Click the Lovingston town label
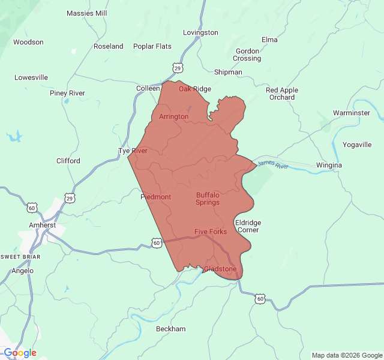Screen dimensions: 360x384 [x=200, y=32]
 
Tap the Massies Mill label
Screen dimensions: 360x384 [x=87, y=13]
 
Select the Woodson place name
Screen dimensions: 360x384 [x=28, y=42]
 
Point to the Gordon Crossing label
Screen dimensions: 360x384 [x=247, y=55]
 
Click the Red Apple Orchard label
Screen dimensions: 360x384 [x=282, y=94]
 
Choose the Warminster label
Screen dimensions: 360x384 [x=352, y=113]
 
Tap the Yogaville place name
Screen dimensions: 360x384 [x=357, y=145]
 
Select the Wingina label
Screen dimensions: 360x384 [x=329, y=165]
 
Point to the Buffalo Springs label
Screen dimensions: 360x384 [x=208, y=199]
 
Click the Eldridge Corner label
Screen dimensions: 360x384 [x=248, y=226]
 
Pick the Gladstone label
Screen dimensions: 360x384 [x=220, y=269]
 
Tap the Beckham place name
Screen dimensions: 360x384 [x=170, y=329]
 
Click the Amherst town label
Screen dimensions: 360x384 [x=42, y=225]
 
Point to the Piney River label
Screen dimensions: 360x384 [x=67, y=93]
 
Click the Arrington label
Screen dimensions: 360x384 [x=174, y=116]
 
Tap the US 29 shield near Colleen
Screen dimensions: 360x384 [x=178, y=68]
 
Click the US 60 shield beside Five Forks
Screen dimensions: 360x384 [x=157, y=242]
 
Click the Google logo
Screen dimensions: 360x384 [x=20, y=353]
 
